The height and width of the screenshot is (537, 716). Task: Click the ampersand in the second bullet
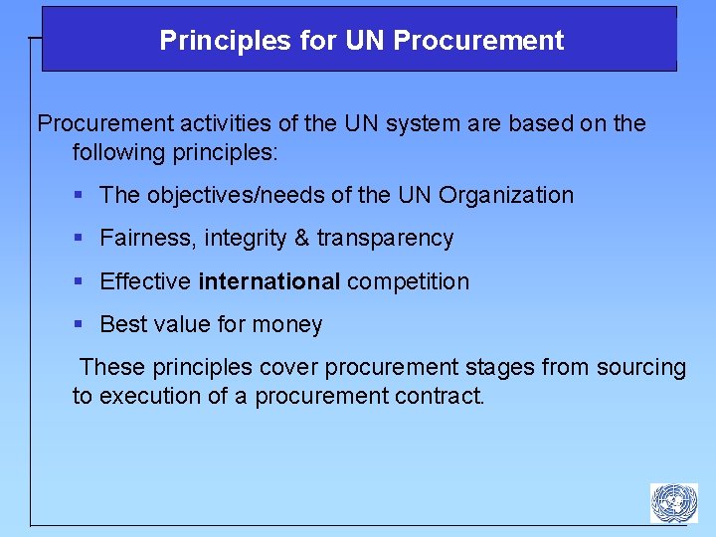[301, 239]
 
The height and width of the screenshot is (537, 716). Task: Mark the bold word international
[269, 281]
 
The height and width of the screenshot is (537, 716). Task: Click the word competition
[408, 281]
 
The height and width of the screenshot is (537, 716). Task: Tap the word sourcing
[641, 368]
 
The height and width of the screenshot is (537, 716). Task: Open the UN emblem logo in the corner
[673, 502]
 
